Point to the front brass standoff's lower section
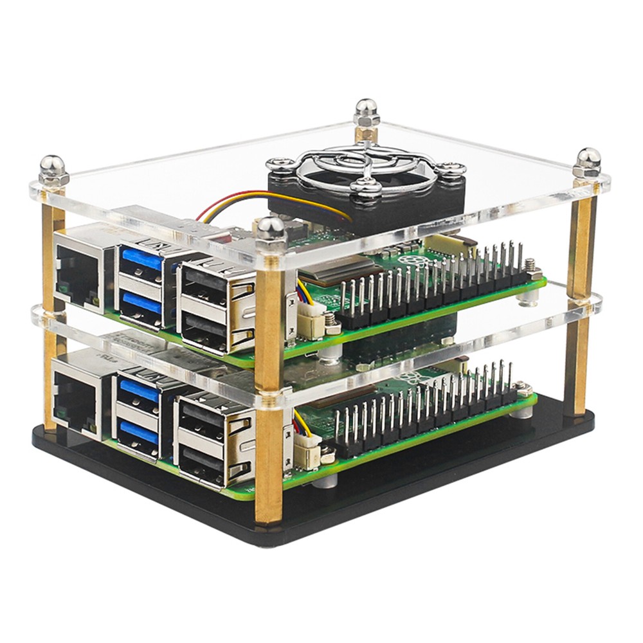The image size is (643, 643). pyautogui.click(x=269, y=463)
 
